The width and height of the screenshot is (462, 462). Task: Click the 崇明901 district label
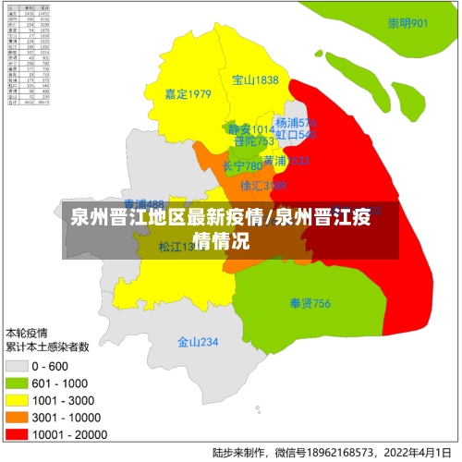[407, 24]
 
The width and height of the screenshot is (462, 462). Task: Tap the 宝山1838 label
[255, 80]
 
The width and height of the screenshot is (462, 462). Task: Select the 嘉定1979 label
[188, 93]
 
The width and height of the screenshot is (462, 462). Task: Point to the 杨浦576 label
[296, 123]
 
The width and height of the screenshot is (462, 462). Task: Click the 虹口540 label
[296, 135]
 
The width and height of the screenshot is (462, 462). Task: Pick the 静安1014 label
[250, 129]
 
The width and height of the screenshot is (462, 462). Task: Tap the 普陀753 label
[254, 141]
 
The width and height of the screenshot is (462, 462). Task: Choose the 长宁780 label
[243, 166]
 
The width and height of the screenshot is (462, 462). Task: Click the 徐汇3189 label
[263, 186]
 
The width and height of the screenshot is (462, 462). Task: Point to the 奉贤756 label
[310, 303]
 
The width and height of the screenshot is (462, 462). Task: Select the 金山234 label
[198, 342]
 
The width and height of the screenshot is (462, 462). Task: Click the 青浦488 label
[143, 204]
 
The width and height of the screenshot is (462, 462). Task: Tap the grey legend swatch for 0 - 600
[17, 366]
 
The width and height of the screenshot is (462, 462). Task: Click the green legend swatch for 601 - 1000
[17, 383]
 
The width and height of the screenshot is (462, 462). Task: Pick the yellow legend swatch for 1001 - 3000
[17, 399]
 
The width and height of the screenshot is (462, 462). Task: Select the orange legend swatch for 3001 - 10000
[17, 416]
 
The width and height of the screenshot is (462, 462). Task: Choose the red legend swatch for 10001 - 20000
[17, 432]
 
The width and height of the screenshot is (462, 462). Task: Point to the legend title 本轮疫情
[28, 332]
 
